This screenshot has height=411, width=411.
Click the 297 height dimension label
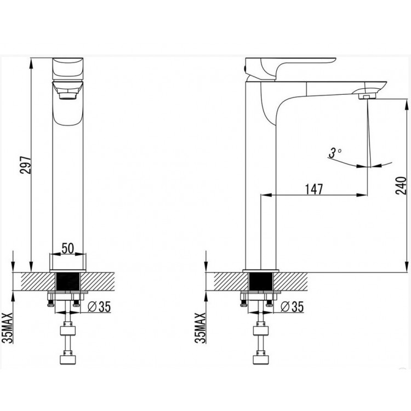point(26,165)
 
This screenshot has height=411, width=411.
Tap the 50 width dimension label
point(68,248)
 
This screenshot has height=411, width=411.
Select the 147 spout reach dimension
point(315,189)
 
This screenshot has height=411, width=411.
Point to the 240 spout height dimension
point(401,186)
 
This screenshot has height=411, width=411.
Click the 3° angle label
point(335,152)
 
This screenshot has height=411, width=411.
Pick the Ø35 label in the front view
point(99,307)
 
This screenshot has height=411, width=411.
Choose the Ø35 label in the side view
point(292,307)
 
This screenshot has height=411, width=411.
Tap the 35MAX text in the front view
point(7,328)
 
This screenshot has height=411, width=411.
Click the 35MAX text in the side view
point(201,328)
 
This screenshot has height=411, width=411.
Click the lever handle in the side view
point(290,67)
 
